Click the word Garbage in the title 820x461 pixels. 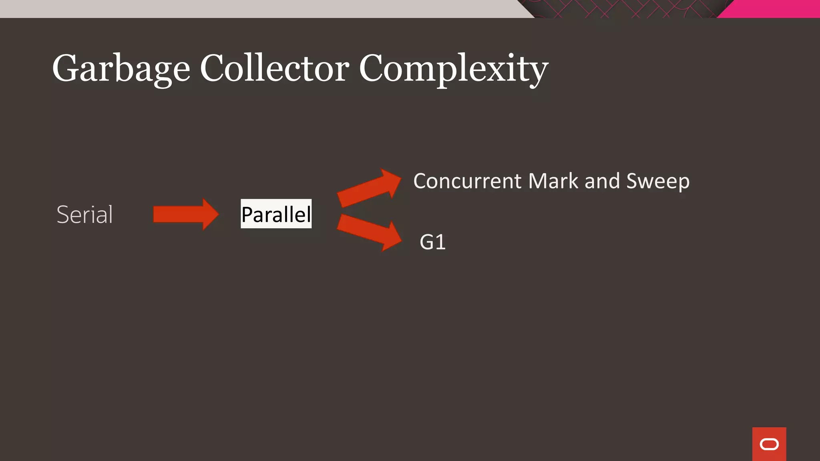[x=121, y=69]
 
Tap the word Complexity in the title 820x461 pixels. [x=453, y=69]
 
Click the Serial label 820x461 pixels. [x=84, y=214]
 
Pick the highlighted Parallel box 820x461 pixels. [x=276, y=214]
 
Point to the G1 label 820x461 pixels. [x=432, y=242]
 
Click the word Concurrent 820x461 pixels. [x=467, y=181]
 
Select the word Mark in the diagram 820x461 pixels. [x=553, y=181]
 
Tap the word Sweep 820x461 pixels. [x=657, y=181]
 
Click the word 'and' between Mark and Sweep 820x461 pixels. [x=602, y=181]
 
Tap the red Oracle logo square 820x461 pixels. [x=769, y=444]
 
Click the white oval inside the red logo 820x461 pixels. [x=769, y=444]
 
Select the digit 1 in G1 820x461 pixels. [x=440, y=242]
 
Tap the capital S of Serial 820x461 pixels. [x=63, y=214]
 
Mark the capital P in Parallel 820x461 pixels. [x=248, y=214]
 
